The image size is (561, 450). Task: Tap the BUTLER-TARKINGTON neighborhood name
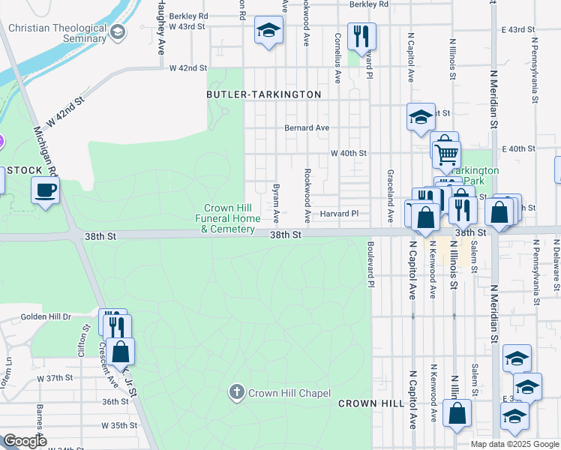(x=264, y=94)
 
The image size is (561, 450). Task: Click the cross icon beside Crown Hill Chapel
(x=237, y=391)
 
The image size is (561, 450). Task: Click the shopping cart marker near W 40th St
(x=447, y=153)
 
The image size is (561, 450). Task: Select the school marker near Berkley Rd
(x=268, y=31)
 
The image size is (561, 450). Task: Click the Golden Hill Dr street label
(x=46, y=317)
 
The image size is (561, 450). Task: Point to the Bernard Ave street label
(x=306, y=128)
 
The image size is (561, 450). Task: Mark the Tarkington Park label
(x=475, y=175)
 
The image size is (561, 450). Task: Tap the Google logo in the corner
(x=25, y=441)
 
